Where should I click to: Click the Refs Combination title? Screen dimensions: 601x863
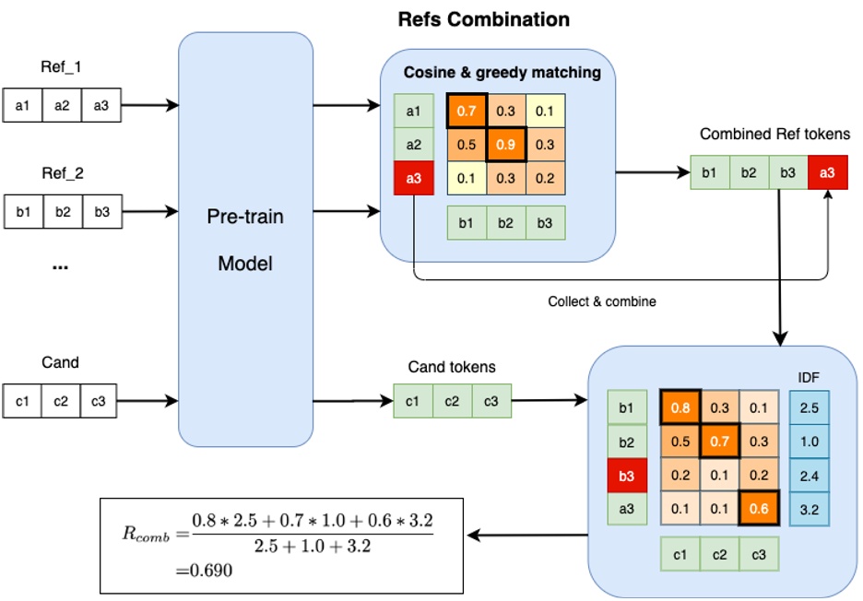click(x=483, y=18)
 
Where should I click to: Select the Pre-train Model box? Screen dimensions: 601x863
click(x=245, y=240)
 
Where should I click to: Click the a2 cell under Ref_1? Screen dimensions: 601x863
click(x=62, y=106)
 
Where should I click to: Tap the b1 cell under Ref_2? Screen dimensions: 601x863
click(x=23, y=212)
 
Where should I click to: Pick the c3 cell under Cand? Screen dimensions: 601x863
click(x=99, y=401)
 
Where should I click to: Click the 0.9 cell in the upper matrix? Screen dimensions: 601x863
click(x=505, y=145)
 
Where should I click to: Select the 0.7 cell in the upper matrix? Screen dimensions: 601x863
click(x=467, y=111)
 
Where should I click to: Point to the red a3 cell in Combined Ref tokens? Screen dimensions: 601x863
click(x=826, y=172)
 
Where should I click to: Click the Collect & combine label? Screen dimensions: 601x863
click(x=601, y=301)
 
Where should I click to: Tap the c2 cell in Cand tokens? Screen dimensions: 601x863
click(x=452, y=401)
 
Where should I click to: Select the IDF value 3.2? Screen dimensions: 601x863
click(x=809, y=508)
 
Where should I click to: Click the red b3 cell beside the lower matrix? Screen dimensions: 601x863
click(x=626, y=475)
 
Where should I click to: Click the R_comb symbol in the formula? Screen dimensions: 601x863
click(x=143, y=532)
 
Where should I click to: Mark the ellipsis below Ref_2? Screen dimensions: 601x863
click(x=60, y=265)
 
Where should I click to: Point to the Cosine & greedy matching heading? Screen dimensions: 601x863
click(x=502, y=72)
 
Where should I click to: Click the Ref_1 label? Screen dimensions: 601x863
click(x=60, y=67)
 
